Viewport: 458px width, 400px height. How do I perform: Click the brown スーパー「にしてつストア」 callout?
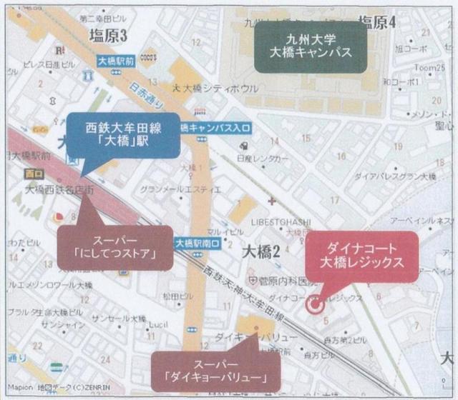[114, 247]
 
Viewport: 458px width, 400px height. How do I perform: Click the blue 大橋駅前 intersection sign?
[117, 61]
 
